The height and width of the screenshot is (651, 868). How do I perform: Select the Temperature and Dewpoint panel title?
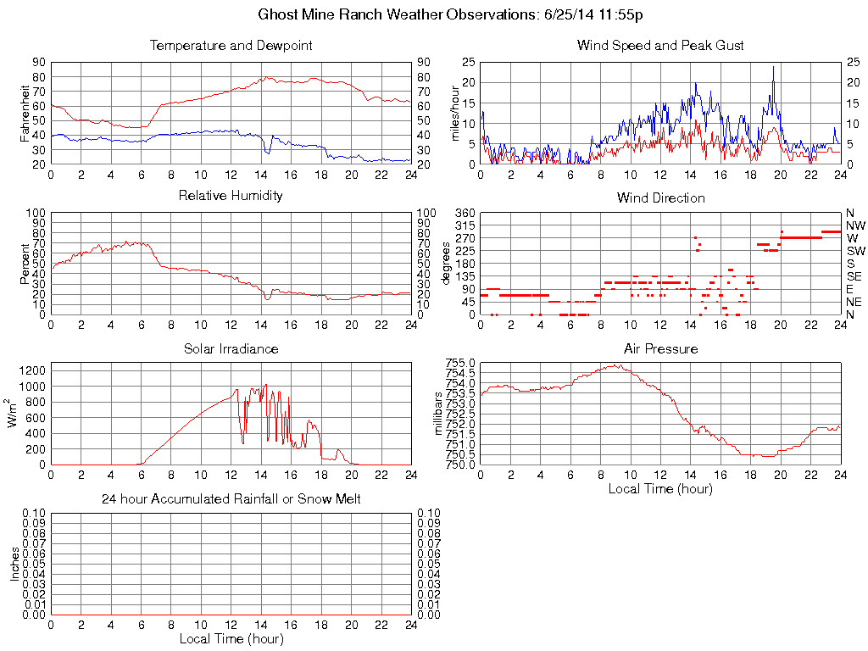[x=231, y=45]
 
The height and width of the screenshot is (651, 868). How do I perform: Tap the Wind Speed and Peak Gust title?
[x=660, y=45]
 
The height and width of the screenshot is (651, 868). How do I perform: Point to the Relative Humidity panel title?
[x=231, y=196]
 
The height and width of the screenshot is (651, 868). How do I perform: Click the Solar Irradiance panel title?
[x=231, y=348]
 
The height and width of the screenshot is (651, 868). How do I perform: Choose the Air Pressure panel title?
[x=660, y=348]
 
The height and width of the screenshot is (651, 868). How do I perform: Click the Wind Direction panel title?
[x=660, y=198]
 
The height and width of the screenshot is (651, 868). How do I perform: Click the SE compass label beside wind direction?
[x=854, y=276]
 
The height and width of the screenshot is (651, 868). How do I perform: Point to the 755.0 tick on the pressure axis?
[x=461, y=364]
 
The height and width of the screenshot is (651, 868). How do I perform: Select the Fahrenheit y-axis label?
[x=25, y=113]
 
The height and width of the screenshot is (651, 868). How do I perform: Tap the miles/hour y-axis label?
[x=455, y=113]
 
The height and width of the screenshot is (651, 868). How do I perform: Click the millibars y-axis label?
[x=439, y=414]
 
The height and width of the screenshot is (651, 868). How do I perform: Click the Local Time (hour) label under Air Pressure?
[x=660, y=488]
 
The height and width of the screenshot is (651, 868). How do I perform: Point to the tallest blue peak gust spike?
[x=773, y=67]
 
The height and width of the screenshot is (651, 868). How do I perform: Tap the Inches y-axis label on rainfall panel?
[x=14, y=564]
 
